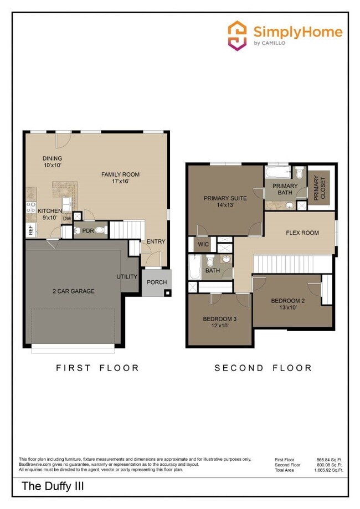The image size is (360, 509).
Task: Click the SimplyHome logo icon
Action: pos(238,35)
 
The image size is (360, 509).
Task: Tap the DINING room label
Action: pos(52,158)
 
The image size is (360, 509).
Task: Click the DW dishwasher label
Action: pos(67,218)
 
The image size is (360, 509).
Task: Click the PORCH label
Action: pos(157,282)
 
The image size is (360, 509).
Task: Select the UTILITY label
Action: pos(127,276)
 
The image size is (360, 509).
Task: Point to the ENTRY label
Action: pos(156,241)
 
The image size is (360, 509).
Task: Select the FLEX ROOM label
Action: pos(302,233)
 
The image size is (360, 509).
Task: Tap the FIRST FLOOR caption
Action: pos(97,368)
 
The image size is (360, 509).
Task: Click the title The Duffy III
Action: pos(53,487)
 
